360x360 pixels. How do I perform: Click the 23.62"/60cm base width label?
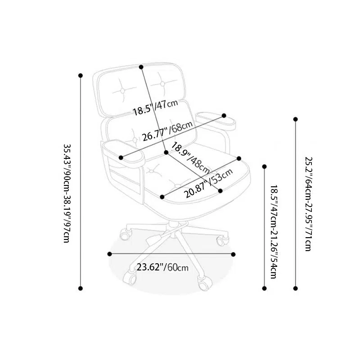(x=162, y=267)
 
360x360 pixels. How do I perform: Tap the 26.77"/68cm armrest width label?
(x=167, y=131)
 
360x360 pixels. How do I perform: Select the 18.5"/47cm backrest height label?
(x=155, y=108)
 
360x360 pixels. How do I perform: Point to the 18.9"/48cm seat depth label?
(x=190, y=158)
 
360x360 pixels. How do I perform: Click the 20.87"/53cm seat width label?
(x=208, y=183)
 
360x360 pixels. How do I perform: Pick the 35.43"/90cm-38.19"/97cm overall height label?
(x=67, y=193)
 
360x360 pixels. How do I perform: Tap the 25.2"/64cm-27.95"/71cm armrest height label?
(x=308, y=204)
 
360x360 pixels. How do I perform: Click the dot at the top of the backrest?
(x=141, y=67)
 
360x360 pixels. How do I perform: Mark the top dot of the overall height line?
(x=81, y=76)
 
